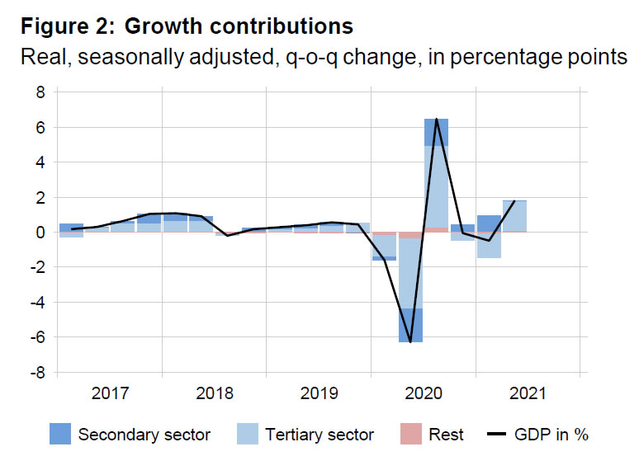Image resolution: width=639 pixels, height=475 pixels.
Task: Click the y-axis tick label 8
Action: (39, 93)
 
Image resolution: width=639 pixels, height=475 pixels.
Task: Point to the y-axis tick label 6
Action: (39, 128)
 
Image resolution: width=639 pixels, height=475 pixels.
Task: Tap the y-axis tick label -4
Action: (35, 303)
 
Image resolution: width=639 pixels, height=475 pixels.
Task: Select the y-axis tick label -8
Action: (35, 373)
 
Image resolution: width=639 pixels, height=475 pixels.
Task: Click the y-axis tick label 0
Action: (39, 233)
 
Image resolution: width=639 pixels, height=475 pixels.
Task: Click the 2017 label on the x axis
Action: (110, 394)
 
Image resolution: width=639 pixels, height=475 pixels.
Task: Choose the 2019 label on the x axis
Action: (319, 394)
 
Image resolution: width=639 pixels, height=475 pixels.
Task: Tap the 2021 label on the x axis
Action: (528, 394)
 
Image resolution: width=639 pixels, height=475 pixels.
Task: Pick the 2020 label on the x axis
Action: (423, 394)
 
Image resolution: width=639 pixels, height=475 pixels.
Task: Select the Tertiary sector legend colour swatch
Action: (247, 434)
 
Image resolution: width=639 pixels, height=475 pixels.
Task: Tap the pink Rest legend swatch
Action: (409, 434)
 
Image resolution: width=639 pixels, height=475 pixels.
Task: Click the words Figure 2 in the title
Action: (66, 26)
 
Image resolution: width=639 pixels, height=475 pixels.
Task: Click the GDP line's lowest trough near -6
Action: (410, 341)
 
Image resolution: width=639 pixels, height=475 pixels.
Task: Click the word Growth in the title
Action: (166, 26)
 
